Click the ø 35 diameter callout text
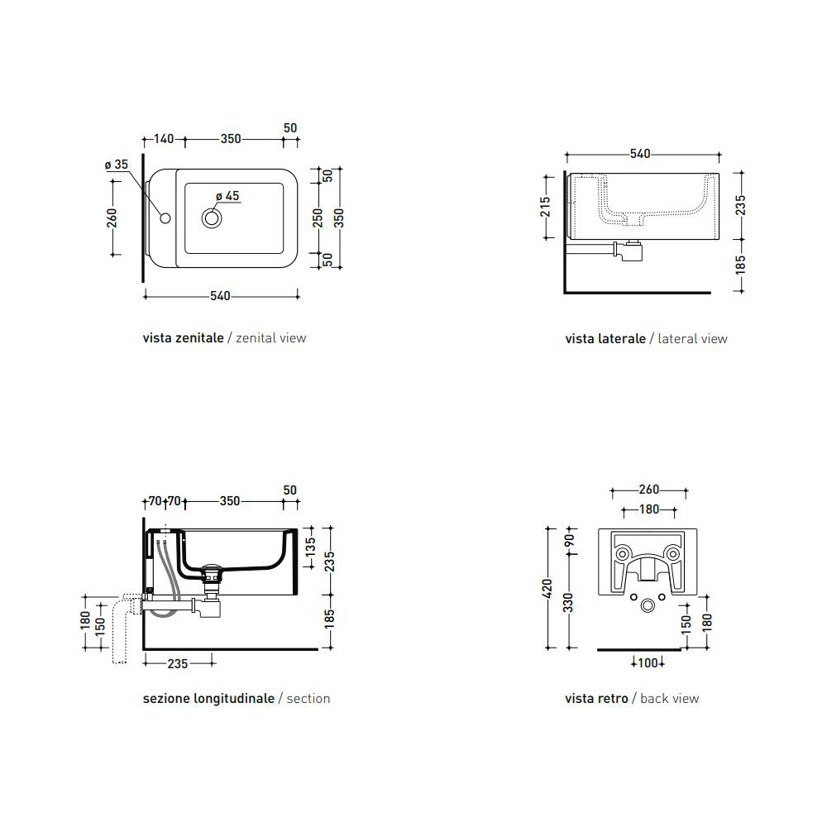(x=117, y=165)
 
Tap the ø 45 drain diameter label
(x=227, y=196)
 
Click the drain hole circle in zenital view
(x=212, y=218)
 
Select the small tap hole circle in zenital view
(x=165, y=218)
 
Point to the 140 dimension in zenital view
(x=164, y=139)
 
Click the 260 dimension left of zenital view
(x=112, y=218)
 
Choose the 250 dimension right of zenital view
(x=318, y=218)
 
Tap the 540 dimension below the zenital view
(x=220, y=296)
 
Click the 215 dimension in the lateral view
(x=545, y=207)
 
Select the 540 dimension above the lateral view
(x=640, y=154)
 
